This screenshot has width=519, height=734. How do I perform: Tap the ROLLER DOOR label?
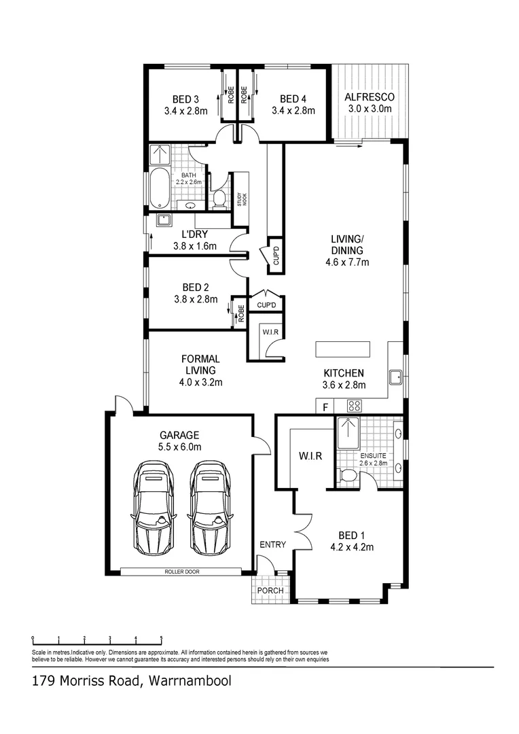(182, 572)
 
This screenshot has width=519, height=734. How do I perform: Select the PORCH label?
(270, 591)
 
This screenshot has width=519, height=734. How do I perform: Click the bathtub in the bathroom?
(160, 189)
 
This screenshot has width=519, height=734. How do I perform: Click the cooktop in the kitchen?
(354, 406)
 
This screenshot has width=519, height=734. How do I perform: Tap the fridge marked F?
(326, 407)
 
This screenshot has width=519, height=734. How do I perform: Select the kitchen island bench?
(343, 349)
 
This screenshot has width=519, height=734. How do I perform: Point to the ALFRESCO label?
(369, 97)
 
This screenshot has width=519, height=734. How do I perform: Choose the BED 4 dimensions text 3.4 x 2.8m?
(293, 110)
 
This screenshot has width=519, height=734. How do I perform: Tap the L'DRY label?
(194, 234)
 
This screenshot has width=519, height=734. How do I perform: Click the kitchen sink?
(395, 376)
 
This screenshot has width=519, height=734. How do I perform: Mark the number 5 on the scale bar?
(161, 638)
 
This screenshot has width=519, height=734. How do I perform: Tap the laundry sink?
(163, 220)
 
